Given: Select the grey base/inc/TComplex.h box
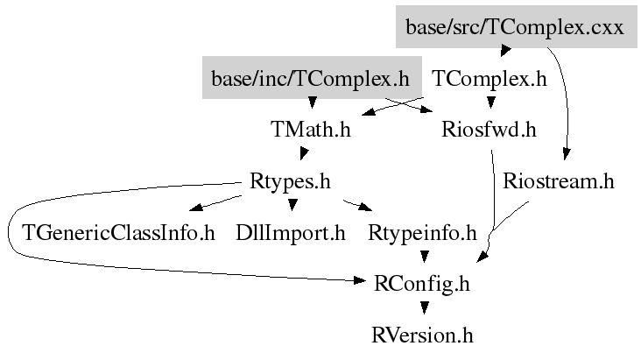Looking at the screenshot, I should (310, 79).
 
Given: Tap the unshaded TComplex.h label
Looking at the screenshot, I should (490, 79).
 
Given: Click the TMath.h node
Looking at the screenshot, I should (311, 131).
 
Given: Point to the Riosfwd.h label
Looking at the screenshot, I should (489, 131).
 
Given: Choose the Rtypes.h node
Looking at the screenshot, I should (290, 182).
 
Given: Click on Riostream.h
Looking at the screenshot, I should (559, 182).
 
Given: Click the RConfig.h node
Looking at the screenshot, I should (422, 284).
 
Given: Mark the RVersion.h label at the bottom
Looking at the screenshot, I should (422, 335).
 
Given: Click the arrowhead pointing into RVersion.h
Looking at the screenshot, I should (424, 308).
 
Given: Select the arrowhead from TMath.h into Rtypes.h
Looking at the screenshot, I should (301, 154).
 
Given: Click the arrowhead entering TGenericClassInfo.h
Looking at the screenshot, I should (196, 208).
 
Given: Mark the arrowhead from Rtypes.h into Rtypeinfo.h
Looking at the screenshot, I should (366, 208).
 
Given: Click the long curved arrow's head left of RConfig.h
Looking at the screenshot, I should (362, 280).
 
